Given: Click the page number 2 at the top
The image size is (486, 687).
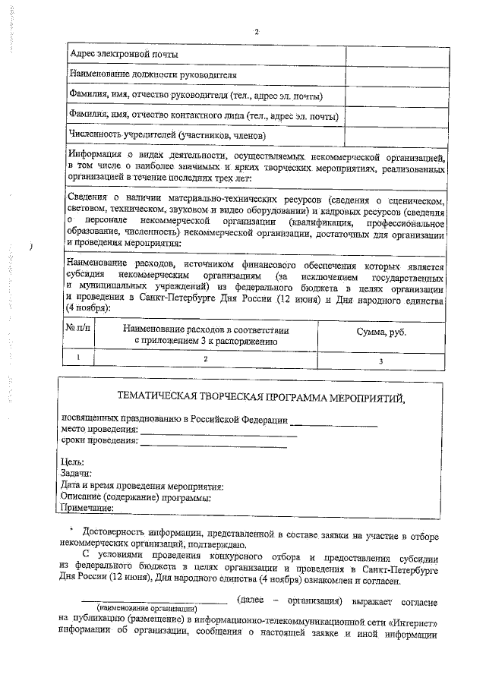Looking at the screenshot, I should pos(257,31).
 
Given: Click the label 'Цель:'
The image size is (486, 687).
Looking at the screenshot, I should pos(72,462).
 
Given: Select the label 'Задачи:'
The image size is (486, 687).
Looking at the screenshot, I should pos(77,474).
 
